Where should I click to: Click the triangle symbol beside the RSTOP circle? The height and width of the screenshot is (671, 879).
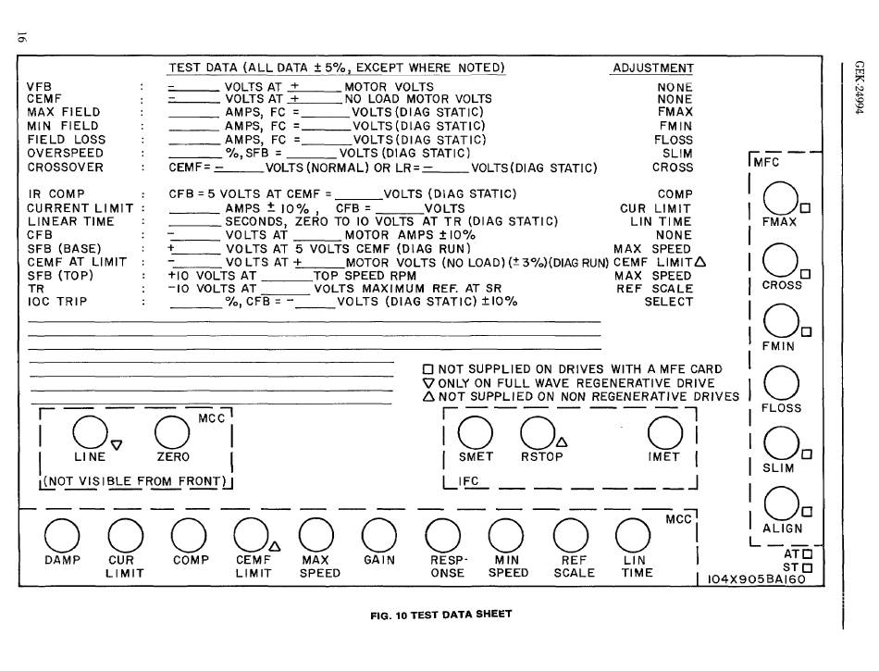pyautogui.click(x=562, y=441)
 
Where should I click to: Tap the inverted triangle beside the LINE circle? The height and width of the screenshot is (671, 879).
pyautogui.click(x=117, y=444)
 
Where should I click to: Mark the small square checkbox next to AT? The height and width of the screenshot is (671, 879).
pyautogui.click(x=807, y=553)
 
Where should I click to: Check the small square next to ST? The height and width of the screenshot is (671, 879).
pyautogui.click(x=807, y=567)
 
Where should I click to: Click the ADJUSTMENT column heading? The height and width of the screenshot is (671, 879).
pyautogui.click(x=653, y=68)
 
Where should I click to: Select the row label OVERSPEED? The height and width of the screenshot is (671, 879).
pyautogui.click(x=66, y=153)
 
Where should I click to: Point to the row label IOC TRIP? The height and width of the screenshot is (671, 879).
pyautogui.click(x=57, y=302)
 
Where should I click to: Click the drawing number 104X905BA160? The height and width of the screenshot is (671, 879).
pyautogui.click(x=756, y=579)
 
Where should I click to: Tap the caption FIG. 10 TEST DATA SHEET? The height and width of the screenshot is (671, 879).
pyautogui.click(x=441, y=615)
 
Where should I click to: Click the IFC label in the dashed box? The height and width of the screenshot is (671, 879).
pyautogui.click(x=468, y=481)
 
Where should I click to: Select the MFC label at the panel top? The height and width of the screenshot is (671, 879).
pyautogui.click(x=766, y=162)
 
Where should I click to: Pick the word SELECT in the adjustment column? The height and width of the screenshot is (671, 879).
pyautogui.click(x=669, y=302)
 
